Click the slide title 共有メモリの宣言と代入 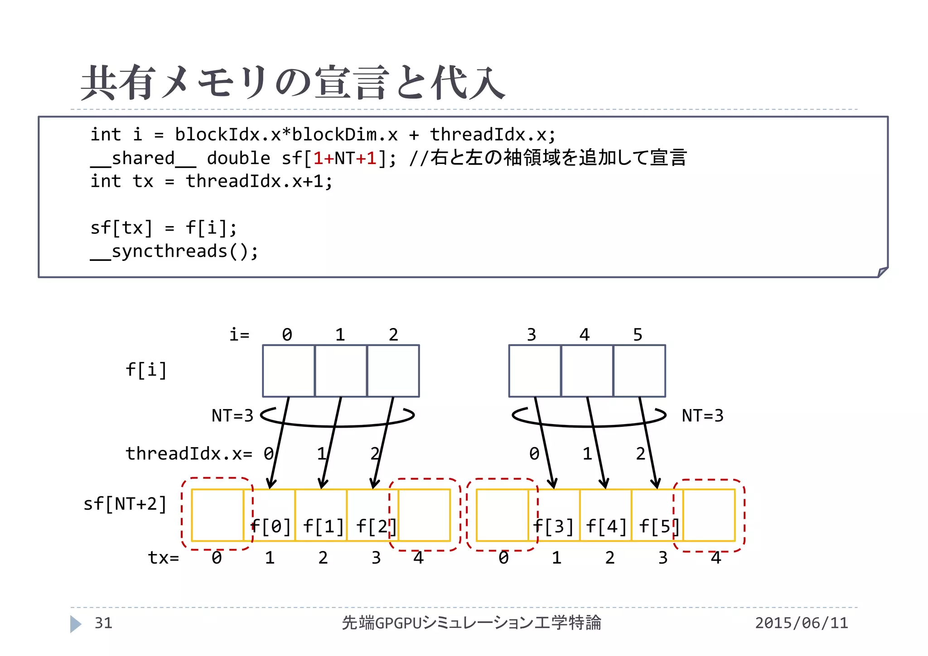click(292, 82)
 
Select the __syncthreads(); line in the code click(174, 251)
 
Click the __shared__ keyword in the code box click(143, 159)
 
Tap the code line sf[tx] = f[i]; click(163, 228)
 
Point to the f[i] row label click(146, 370)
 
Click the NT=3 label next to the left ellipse click(232, 415)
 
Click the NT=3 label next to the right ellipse click(702, 415)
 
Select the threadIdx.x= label click(189, 453)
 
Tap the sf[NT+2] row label click(125, 504)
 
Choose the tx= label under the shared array click(164, 558)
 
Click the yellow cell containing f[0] click(270, 516)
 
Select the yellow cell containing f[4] click(606, 516)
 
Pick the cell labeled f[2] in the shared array click(372, 516)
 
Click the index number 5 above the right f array click(638, 335)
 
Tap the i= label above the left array click(239, 335)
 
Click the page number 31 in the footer click(103, 623)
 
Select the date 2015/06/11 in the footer click(801, 623)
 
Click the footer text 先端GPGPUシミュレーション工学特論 click(471, 623)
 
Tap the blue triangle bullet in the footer click(76, 624)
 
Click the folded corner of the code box click(882, 272)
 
